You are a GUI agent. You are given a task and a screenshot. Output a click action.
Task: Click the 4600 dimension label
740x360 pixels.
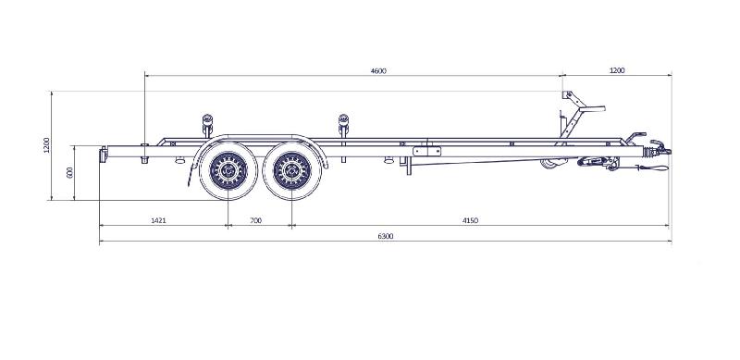point(377,70)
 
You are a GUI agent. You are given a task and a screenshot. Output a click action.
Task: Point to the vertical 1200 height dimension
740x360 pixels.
point(45,145)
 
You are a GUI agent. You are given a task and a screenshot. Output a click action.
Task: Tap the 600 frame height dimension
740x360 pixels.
point(69,172)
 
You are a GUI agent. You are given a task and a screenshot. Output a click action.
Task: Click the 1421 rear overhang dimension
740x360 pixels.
point(158,221)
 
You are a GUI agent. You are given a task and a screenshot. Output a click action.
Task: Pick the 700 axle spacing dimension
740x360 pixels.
point(256,221)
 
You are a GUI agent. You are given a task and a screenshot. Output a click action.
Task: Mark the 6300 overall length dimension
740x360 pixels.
point(386,237)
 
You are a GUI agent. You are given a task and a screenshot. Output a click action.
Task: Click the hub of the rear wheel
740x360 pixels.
point(226,168)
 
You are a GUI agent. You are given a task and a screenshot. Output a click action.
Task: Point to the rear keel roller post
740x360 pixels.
point(206,124)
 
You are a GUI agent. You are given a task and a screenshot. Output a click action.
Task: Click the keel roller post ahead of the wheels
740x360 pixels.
point(344,124)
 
